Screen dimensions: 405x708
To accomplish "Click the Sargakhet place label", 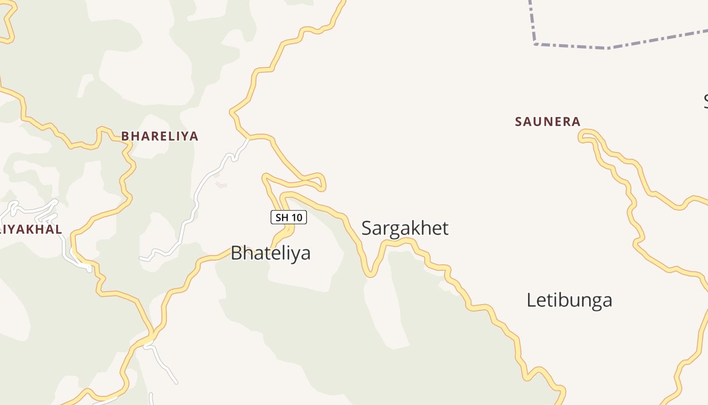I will [x=405, y=228].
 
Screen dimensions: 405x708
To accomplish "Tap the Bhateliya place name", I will [x=270, y=253].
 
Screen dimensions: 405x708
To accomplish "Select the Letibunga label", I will [x=569, y=300].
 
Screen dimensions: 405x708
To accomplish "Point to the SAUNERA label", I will [x=547, y=121].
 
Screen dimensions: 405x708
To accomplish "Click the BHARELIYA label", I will [x=159, y=136].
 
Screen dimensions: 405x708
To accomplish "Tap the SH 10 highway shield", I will [x=289, y=218].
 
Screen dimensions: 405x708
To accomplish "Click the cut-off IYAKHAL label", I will [x=31, y=229].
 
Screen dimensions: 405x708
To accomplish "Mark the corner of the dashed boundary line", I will [x=535, y=44].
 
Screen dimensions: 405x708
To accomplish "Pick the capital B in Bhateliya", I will [x=236, y=253].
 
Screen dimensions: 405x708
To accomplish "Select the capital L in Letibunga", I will [x=531, y=300].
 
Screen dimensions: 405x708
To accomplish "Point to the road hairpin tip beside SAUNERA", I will [x=582, y=135].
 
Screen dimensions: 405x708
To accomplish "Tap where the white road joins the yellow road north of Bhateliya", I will [x=248, y=138].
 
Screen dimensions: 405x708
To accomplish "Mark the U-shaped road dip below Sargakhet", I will [x=371, y=274].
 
